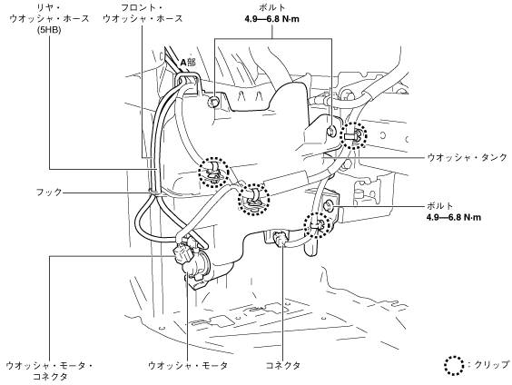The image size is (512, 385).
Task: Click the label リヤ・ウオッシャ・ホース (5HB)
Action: point(49,18)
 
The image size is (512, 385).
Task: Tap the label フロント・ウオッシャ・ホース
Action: point(143,13)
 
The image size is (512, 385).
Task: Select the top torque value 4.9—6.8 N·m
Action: point(271,19)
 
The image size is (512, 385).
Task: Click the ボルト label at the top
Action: point(271,7)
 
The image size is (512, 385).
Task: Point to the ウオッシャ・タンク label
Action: point(467,157)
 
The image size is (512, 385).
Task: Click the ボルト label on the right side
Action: point(440,206)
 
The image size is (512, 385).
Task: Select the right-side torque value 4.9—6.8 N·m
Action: point(454,217)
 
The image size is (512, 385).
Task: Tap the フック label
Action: point(49,192)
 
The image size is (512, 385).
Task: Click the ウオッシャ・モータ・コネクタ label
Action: point(49,370)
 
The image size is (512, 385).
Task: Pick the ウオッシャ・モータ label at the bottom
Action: point(188,365)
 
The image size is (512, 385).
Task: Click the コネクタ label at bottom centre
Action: point(282,365)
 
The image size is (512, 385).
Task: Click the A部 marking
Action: point(188,62)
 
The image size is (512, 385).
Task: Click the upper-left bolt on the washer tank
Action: point(214,102)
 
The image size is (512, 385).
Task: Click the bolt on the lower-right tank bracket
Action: point(328,205)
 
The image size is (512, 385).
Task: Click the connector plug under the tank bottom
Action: point(280,238)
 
